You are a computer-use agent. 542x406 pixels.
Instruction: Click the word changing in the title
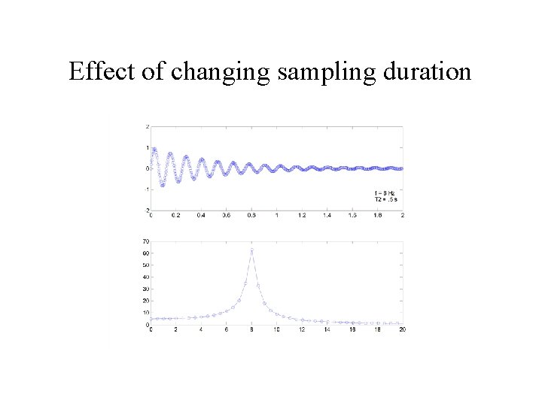pyautogui.click(x=219, y=73)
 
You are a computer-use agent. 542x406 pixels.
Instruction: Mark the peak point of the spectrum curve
pyautogui.click(x=251, y=250)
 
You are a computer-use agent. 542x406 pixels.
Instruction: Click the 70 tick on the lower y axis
pyautogui.click(x=145, y=241)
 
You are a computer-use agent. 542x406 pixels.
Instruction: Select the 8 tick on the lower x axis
pyautogui.click(x=251, y=330)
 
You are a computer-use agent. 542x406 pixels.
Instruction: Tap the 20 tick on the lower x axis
pyautogui.click(x=402, y=330)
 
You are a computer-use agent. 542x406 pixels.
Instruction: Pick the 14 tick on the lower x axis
pyautogui.click(x=327, y=330)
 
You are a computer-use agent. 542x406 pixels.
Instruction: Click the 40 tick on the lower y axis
pyautogui.click(x=145, y=277)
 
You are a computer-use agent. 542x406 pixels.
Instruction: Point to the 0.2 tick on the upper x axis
pyautogui.click(x=175, y=215)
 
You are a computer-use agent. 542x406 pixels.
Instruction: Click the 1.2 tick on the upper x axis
pyautogui.click(x=302, y=215)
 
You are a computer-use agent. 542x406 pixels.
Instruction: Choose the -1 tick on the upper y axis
pyautogui.click(x=146, y=189)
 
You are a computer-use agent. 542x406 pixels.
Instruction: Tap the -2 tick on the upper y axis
pyautogui.click(x=146, y=210)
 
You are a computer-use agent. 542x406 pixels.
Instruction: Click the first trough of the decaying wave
pyautogui.click(x=163, y=185)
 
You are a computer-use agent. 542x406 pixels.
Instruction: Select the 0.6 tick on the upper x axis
pyautogui.click(x=226, y=215)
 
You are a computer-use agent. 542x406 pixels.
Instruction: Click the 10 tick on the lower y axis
pyautogui.click(x=145, y=313)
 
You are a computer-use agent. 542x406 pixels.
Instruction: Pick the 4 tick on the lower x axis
pyautogui.click(x=201, y=330)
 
